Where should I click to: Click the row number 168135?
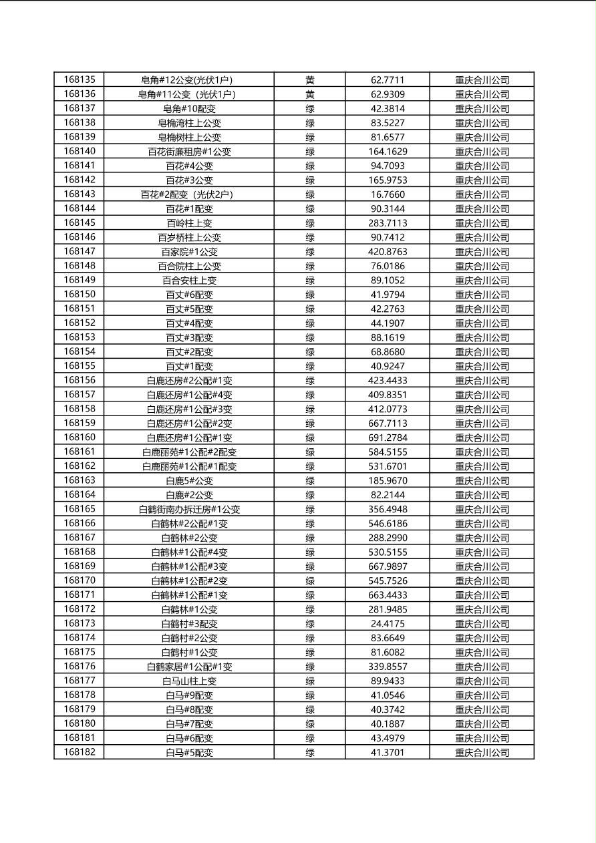(80, 79)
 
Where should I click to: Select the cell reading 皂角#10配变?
(189, 108)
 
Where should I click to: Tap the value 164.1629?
(388, 152)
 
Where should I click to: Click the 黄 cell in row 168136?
(310, 94)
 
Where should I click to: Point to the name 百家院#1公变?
(189, 252)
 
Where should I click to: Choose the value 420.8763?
(388, 252)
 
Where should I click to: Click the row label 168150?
(80, 295)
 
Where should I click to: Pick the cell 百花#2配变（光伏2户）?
(189, 194)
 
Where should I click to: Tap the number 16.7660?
(388, 194)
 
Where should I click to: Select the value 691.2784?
(388, 438)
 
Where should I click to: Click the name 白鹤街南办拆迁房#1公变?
(189, 509)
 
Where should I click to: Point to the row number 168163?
(80, 480)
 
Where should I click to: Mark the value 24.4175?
(388, 624)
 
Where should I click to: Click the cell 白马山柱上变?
(189, 681)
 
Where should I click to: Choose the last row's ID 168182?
(80, 752)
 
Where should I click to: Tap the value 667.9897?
(388, 566)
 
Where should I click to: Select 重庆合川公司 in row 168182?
(482, 752)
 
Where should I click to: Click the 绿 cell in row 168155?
(310, 366)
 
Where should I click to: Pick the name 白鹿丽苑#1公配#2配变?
(189, 452)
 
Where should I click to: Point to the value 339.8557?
(388, 667)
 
